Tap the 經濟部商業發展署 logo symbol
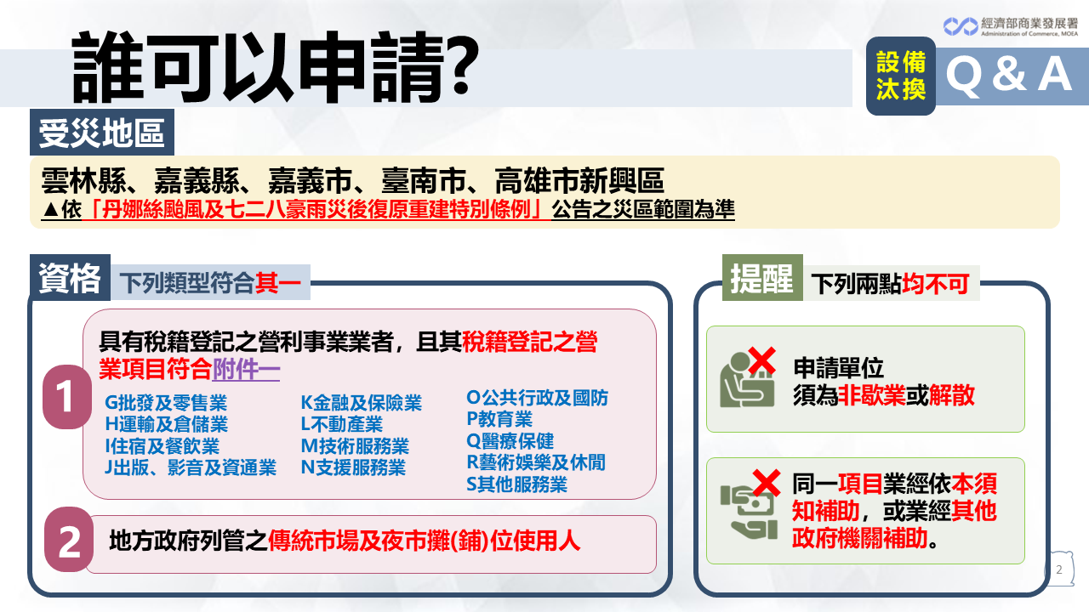coord(961,26)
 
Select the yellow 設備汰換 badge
coord(901,76)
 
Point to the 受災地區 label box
coord(102,132)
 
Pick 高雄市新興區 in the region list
coord(579,180)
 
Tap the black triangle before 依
coord(50,210)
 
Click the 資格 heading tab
coord(70,278)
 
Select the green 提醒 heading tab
coord(762,278)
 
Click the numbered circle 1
coord(67,397)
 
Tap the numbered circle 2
coord(69,540)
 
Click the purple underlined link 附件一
coord(246,370)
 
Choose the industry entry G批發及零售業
coord(166,403)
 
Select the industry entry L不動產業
coord(342,424)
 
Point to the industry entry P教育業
coord(499,419)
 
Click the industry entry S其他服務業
coord(516,484)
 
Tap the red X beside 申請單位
coord(761,360)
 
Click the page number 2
coord(1059,569)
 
